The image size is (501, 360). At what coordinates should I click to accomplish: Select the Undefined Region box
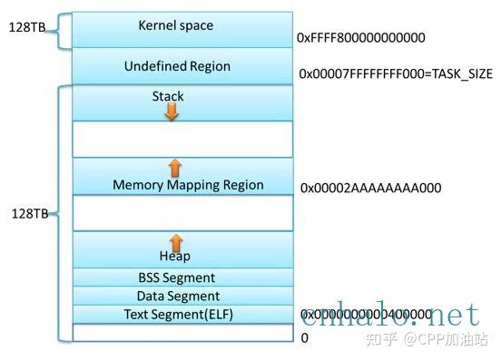point(177,66)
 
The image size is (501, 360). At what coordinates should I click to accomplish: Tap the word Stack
point(169,95)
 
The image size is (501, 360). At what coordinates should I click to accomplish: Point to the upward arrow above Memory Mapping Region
point(175,167)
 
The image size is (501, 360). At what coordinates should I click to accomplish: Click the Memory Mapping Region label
point(188,185)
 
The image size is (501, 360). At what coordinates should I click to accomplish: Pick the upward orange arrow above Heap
point(176,241)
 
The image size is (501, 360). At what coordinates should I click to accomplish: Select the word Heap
point(176,257)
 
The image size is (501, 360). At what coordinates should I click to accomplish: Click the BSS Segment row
point(177,277)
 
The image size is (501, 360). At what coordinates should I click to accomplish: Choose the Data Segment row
point(177,296)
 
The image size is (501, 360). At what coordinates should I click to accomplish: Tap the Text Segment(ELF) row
point(177,314)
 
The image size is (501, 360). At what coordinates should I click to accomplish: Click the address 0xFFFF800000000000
point(360,39)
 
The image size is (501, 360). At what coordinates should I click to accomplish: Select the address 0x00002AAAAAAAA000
point(370,188)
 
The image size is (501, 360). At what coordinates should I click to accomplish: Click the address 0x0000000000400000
point(366,314)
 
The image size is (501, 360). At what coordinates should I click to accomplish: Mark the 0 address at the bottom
point(304,337)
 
